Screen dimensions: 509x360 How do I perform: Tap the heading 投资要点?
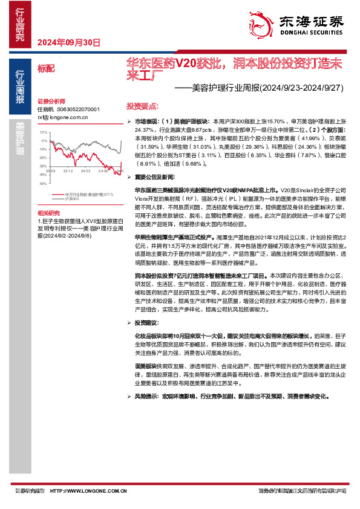(x=142, y=104)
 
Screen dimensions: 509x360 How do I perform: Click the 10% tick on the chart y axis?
(x=44, y=132)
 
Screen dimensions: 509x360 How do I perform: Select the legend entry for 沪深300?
(x=71, y=198)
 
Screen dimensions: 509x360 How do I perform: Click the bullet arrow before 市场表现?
(x=128, y=122)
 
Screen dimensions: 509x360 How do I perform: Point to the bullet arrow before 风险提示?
(x=128, y=397)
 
